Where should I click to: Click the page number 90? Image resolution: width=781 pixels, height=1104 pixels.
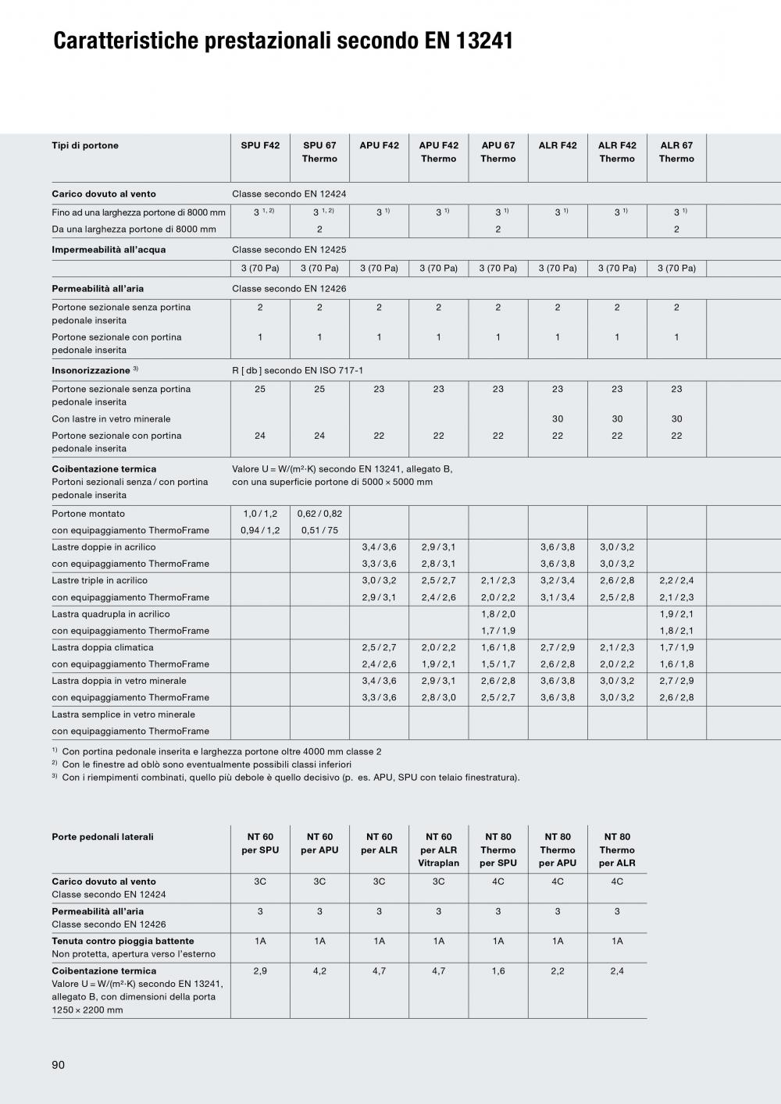tap(59, 1065)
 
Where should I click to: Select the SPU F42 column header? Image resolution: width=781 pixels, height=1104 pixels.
tap(260, 146)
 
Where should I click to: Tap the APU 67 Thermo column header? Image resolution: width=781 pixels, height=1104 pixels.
tap(498, 152)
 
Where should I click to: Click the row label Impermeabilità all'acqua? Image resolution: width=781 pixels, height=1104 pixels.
tap(109, 250)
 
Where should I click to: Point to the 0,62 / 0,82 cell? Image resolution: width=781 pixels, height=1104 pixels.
tap(319, 514)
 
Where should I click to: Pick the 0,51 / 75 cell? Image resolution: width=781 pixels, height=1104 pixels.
tap(319, 531)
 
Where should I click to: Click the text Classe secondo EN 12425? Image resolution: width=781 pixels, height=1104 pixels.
tap(289, 250)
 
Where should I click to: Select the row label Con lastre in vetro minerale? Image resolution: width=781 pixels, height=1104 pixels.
tap(111, 419)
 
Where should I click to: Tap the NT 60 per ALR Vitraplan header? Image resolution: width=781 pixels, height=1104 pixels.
tap(439, 850)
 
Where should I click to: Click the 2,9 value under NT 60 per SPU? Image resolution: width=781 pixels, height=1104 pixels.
tap(260, 971)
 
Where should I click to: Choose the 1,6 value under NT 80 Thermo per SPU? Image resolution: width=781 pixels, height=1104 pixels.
tap(498, 971)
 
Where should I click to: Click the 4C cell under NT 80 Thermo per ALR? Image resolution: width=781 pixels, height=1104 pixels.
tap(617, 881)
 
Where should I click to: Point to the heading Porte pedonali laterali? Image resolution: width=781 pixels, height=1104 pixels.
tap(102, 837)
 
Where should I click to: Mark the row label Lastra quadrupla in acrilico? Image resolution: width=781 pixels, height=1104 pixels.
tap(111, 614)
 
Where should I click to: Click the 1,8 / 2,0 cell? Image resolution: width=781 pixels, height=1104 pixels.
tap(498, 614)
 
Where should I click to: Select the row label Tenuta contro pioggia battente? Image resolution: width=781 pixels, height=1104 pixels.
tap(123, 942)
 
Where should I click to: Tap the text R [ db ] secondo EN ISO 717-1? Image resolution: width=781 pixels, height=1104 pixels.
tap(298, 370)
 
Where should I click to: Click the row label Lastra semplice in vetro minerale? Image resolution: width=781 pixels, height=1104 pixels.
tap(123, 714)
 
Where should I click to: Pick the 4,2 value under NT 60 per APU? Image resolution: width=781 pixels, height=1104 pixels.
tap(319, 971)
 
